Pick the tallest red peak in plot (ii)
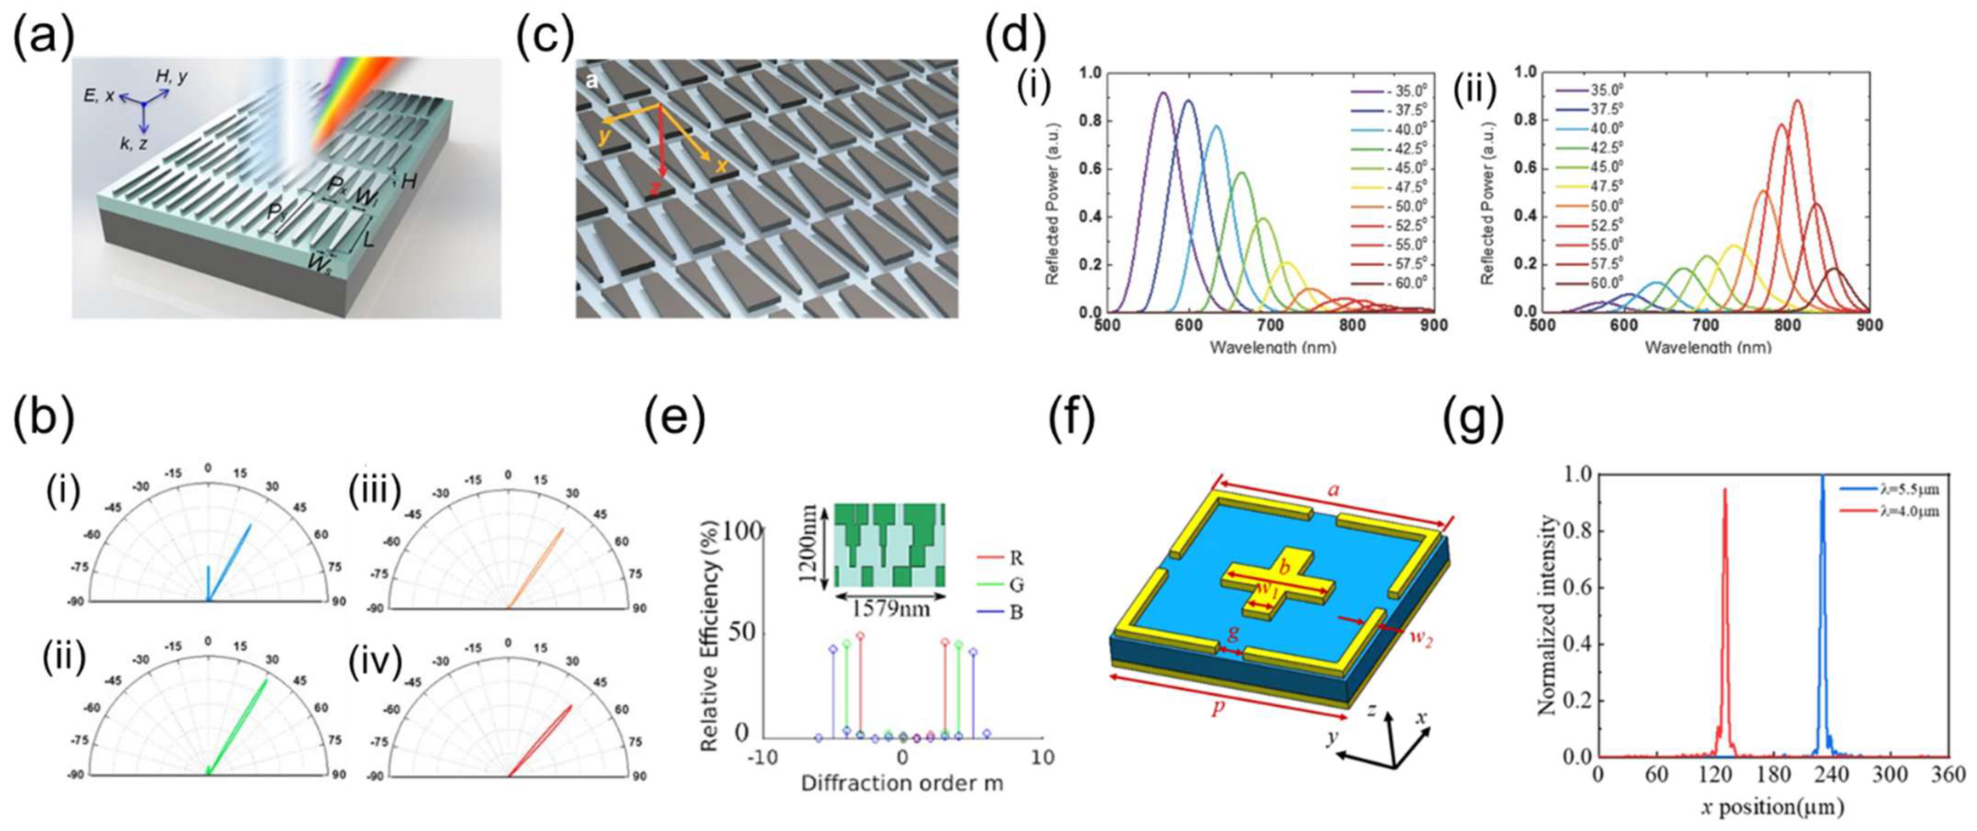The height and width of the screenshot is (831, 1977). pyautogui.click(x=1797, y=100)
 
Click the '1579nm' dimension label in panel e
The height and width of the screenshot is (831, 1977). pyautogui.click(x=891, y=608)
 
